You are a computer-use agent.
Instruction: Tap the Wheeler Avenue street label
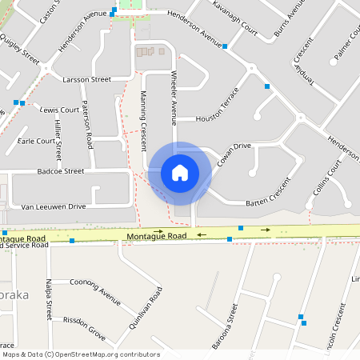click(x=173, y=95)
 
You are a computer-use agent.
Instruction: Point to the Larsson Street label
click(x=88, y=80)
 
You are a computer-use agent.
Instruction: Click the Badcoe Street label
click(x=60, y=170)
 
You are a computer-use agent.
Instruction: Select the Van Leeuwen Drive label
click(x=53, y=206)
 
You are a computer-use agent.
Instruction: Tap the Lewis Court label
click(x=60, y=110)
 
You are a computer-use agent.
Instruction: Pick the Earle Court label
click(x=36, y=141)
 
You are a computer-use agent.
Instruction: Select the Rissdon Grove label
click(x=86, y=328)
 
